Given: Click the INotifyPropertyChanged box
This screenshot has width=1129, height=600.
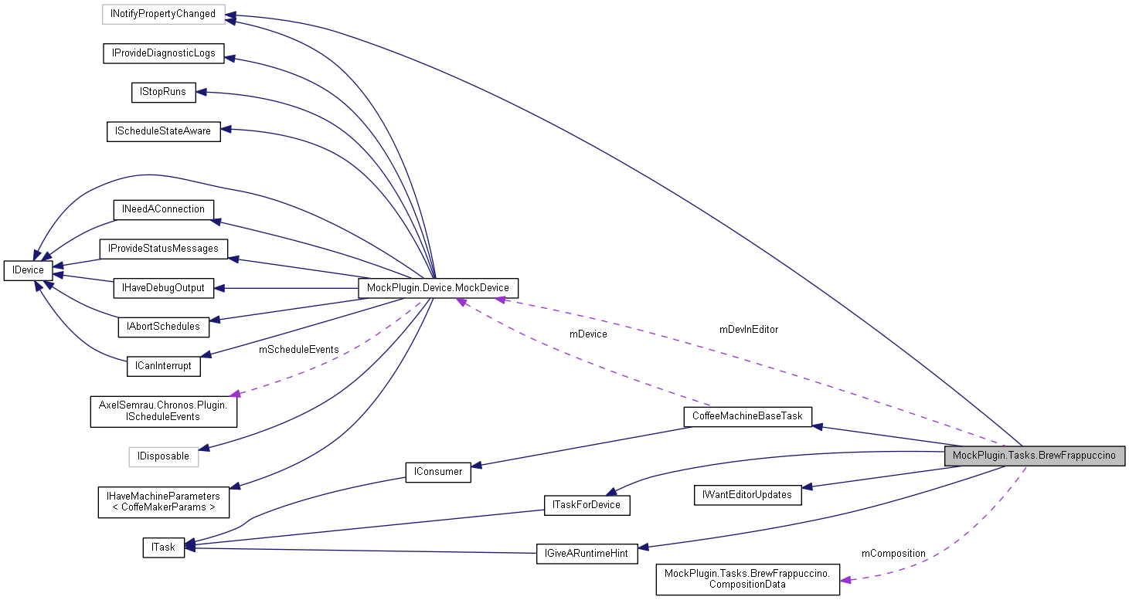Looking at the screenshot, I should click(163, 14).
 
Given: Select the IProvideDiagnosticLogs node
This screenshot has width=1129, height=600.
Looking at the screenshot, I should click(163, 53).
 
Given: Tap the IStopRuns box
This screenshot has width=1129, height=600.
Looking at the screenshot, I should click(163, 92).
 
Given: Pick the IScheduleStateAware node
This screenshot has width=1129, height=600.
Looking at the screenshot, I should click(163, 131).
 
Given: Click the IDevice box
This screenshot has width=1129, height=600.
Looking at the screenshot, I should click(29, 270).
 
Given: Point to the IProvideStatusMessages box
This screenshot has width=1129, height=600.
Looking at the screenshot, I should click(163, 249).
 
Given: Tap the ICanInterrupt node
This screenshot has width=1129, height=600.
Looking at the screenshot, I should click(163, 366).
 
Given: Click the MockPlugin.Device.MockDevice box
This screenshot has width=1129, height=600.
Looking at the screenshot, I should click(438, 288).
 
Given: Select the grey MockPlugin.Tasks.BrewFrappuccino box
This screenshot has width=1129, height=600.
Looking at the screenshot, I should click(1034, 456).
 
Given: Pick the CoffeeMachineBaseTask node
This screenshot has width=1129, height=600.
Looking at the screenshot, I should click(747, 416).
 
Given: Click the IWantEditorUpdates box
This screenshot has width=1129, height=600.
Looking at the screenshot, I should click(747, 495).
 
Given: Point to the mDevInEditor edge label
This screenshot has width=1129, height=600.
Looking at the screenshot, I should click(748, 330).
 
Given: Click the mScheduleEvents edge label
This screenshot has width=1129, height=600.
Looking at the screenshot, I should click(298, 350).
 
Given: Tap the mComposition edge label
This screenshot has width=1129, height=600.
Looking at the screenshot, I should click(893, 554).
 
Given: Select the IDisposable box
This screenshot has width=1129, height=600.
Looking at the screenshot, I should click(163, 456).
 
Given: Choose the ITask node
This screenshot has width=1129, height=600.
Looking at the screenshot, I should click(163, 547).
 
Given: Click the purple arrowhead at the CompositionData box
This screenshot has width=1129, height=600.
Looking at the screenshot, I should click(846, 579).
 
